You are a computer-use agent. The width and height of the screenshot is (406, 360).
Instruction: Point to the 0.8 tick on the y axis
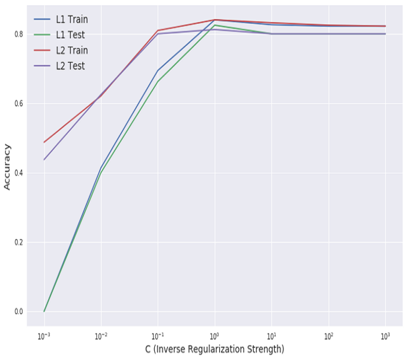click(19, 34)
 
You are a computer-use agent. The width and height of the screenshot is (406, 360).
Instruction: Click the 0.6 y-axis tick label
click(19, 104)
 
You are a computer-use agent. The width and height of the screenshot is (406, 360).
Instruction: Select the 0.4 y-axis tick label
click(19, 173)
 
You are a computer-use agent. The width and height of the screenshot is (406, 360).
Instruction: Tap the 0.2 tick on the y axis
click(19, 242)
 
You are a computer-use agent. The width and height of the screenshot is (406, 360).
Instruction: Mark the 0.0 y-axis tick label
click(19, 312)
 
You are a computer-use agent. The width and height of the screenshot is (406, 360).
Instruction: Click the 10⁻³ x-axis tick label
click(44, 336)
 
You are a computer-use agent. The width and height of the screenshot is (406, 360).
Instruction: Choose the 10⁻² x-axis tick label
click(101, 336)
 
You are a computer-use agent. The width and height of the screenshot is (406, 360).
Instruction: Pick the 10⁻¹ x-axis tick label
click(158, 336)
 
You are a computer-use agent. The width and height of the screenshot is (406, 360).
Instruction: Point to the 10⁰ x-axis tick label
click(215, 336)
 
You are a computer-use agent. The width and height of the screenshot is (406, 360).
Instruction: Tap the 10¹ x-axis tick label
click(271, 336)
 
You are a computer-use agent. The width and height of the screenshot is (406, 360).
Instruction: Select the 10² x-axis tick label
click(328, 336)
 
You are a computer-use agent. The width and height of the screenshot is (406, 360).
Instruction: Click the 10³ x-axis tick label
click(385, 336)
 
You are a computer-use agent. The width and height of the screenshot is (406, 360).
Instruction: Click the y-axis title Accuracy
click(8, 167)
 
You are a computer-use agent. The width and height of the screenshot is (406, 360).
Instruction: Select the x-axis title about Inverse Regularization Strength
click(215, 350)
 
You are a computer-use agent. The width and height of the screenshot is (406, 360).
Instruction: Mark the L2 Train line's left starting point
click(44, 142)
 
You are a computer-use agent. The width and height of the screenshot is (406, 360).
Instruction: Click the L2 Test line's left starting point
click(44, 160)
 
